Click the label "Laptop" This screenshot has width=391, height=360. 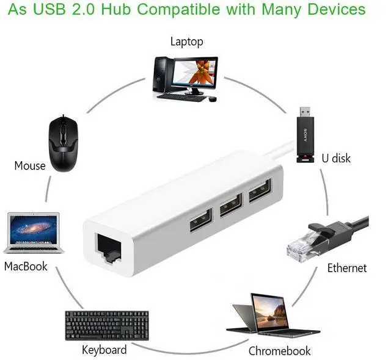point(186,42)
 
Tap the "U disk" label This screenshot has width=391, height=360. point(336,158)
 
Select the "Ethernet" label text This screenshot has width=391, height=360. point(347,268)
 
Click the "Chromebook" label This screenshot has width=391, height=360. point(279,351)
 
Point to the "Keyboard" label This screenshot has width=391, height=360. point(104,350)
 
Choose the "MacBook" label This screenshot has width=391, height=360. point(26,266)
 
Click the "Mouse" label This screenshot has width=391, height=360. point(30,166)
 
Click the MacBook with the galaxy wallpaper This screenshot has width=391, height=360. point(34,233)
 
